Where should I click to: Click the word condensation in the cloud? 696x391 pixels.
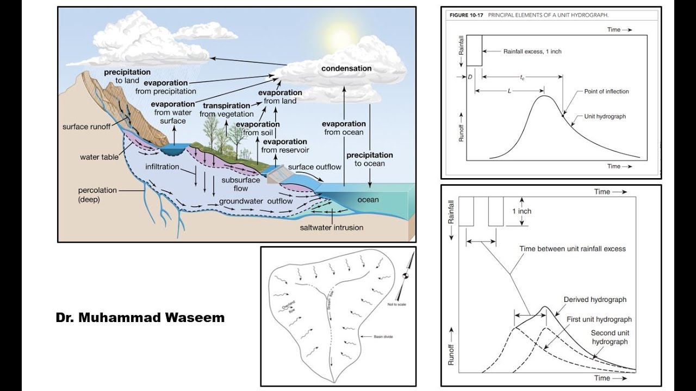[346, 68]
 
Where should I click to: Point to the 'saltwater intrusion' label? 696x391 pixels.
[331, 228]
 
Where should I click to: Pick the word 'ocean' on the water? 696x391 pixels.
[368, 200]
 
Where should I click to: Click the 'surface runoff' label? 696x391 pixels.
[86, 127]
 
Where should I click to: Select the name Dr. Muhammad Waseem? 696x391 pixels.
[140, 318]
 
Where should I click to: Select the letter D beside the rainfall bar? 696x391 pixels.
[470, 77]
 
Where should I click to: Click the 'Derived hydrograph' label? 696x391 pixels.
[595, 299]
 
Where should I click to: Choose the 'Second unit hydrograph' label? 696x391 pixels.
[610, 337]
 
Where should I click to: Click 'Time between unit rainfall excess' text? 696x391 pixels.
[573, 249]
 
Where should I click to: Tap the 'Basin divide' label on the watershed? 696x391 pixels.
[383, 337]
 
